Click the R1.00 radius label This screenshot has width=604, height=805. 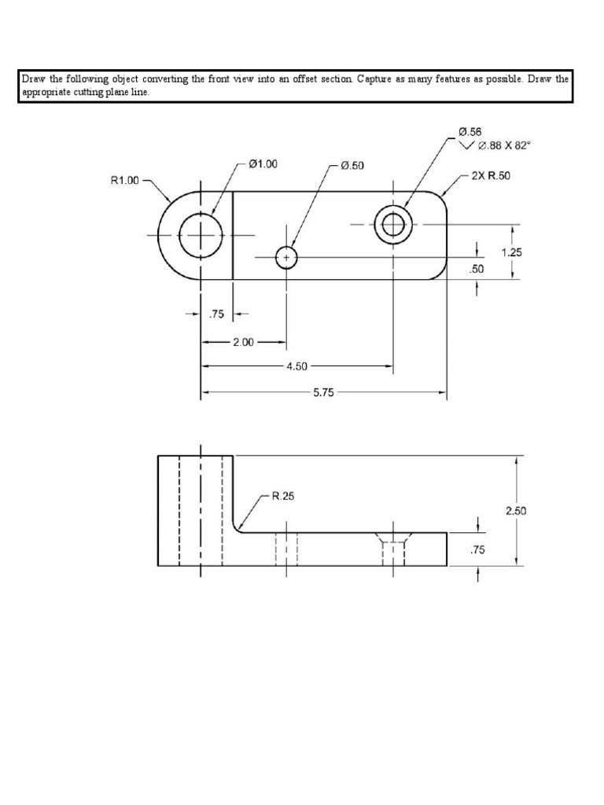(x=123, y=180)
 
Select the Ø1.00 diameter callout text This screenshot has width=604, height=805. (x=263, y=164)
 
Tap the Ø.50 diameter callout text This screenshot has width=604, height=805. (x=352, y=166)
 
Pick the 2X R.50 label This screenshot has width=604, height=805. (x=491, y=176)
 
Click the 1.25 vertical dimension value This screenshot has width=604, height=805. (x=512, y=252)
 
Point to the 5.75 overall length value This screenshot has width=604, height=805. (x=323, y=392)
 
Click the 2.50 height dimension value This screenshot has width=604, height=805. (x=515, y=510)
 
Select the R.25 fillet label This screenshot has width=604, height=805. (x=284, y=496)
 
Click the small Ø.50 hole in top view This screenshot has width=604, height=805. (x=286, y=257)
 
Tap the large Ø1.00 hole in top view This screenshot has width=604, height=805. (x=201, y=236)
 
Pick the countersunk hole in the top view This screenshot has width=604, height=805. (x=392, y=225)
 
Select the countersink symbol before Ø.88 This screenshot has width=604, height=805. (x=469, y=145)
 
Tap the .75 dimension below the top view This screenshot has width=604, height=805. (x=217, y=314)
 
